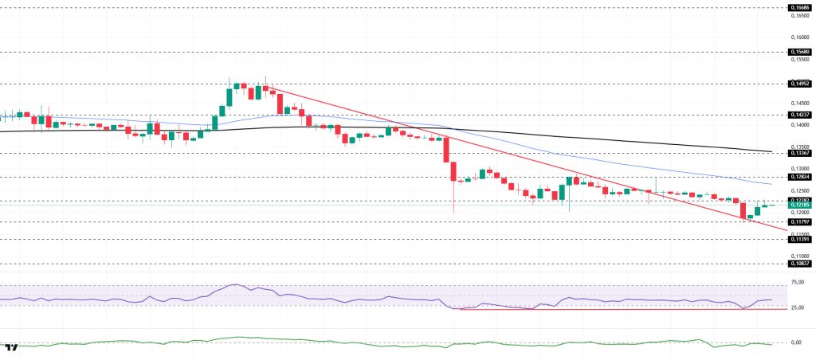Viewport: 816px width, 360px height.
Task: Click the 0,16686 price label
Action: tap(799, 7)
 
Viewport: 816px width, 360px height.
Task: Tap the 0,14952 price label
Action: tap(799, 83)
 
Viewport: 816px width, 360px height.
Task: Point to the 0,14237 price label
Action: tap(799, 114)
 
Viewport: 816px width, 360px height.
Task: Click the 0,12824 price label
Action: tap(799, 177)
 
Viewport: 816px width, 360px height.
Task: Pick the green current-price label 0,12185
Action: tap(799, 205)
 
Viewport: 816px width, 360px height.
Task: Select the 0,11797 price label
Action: tap(799, 222)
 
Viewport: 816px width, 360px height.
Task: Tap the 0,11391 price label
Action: tap(799, 239)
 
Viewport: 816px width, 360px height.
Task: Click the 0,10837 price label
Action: tap(799, 263)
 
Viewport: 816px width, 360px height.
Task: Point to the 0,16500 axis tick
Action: tap(799, 15)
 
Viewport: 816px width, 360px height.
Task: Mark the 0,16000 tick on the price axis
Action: tap(799, 37)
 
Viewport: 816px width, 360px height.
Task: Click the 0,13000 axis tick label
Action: tap(799, 169)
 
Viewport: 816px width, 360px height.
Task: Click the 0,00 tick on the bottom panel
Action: tap(797, 342)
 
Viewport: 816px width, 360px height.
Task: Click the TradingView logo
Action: tap(11, 348)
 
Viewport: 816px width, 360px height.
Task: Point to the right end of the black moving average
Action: tap(771, 151)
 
